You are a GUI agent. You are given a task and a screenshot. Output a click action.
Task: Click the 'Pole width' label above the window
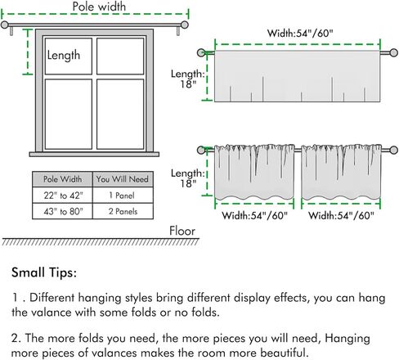[x=99, y=7]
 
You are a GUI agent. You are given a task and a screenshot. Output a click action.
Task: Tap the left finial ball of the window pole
[x=4, y=25]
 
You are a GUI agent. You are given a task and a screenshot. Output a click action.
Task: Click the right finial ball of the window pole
[x=185, y=25]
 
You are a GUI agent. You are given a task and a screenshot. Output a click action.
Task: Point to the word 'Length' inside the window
[x=64, y=56]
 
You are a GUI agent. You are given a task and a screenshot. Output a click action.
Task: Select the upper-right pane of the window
[x=120, y=56]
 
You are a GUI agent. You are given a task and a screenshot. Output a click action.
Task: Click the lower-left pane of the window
[x=69, y=115]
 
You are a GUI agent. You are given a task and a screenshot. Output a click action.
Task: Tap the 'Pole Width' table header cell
[x=62, y=179]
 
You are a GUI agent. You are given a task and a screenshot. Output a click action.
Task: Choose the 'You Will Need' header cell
[x=123, y=179]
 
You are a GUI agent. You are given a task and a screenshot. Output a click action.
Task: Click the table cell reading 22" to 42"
[x=62, y=196]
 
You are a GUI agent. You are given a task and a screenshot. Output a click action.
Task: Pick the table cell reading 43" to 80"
[x=62, y=211]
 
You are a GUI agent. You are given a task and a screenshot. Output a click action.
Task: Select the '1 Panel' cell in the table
[x=123, y=196]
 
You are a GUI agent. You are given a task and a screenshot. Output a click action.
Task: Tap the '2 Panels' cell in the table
[x=123, y=211]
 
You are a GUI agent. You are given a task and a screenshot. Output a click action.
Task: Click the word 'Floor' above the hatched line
[x=182, y=231]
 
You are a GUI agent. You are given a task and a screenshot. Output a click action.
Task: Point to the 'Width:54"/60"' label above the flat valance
[x=300, y=34]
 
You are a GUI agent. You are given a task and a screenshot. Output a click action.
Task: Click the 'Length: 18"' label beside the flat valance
[x=188, y=79]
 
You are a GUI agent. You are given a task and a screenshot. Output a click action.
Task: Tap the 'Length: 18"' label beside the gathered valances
[x=188, y=178]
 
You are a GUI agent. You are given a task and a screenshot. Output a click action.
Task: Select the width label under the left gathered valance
[x=255, y=216]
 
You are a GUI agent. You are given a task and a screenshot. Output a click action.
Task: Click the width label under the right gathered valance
[x=341, y=216]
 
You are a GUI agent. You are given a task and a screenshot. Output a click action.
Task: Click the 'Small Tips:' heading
[x=44, y=272]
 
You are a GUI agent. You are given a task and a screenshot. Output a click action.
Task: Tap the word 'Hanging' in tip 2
[x=347, y=339]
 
